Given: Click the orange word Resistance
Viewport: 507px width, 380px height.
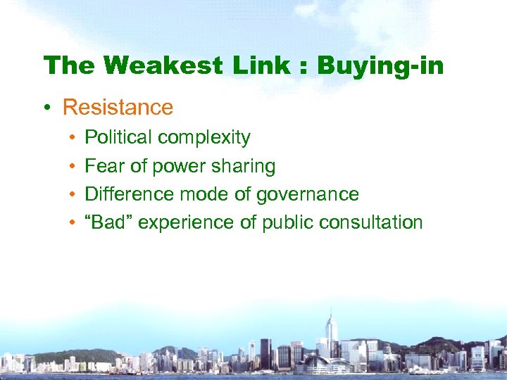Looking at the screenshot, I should [118, 108].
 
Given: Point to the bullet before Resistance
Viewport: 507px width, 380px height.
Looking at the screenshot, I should [46, 108].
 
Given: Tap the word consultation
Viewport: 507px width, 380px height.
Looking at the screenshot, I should [370, 222].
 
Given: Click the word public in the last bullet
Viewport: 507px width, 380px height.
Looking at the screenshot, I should [288, 223].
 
